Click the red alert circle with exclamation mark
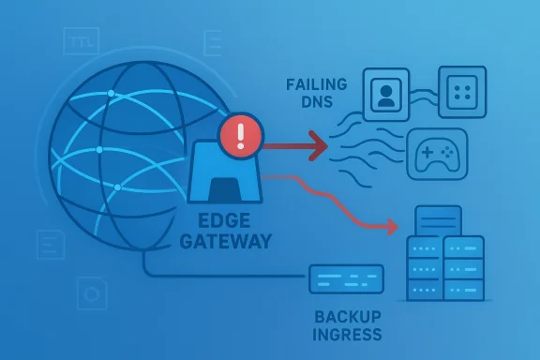(x=241, y=136)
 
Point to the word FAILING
(x=316, y=84)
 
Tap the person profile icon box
(x=386, y=94)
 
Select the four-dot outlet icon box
(x=462, y=91)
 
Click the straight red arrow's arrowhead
(x=320, y=144)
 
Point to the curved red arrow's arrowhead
(x=391, y=226)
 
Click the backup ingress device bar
(x=346, y=278)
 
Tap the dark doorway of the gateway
(x=225, y=190)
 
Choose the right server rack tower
(x=464, y=267)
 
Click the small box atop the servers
(x=438, y=221)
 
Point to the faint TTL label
(x=81, y=40)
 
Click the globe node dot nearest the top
(x=111, y=93)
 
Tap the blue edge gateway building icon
(x=224, y=173)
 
